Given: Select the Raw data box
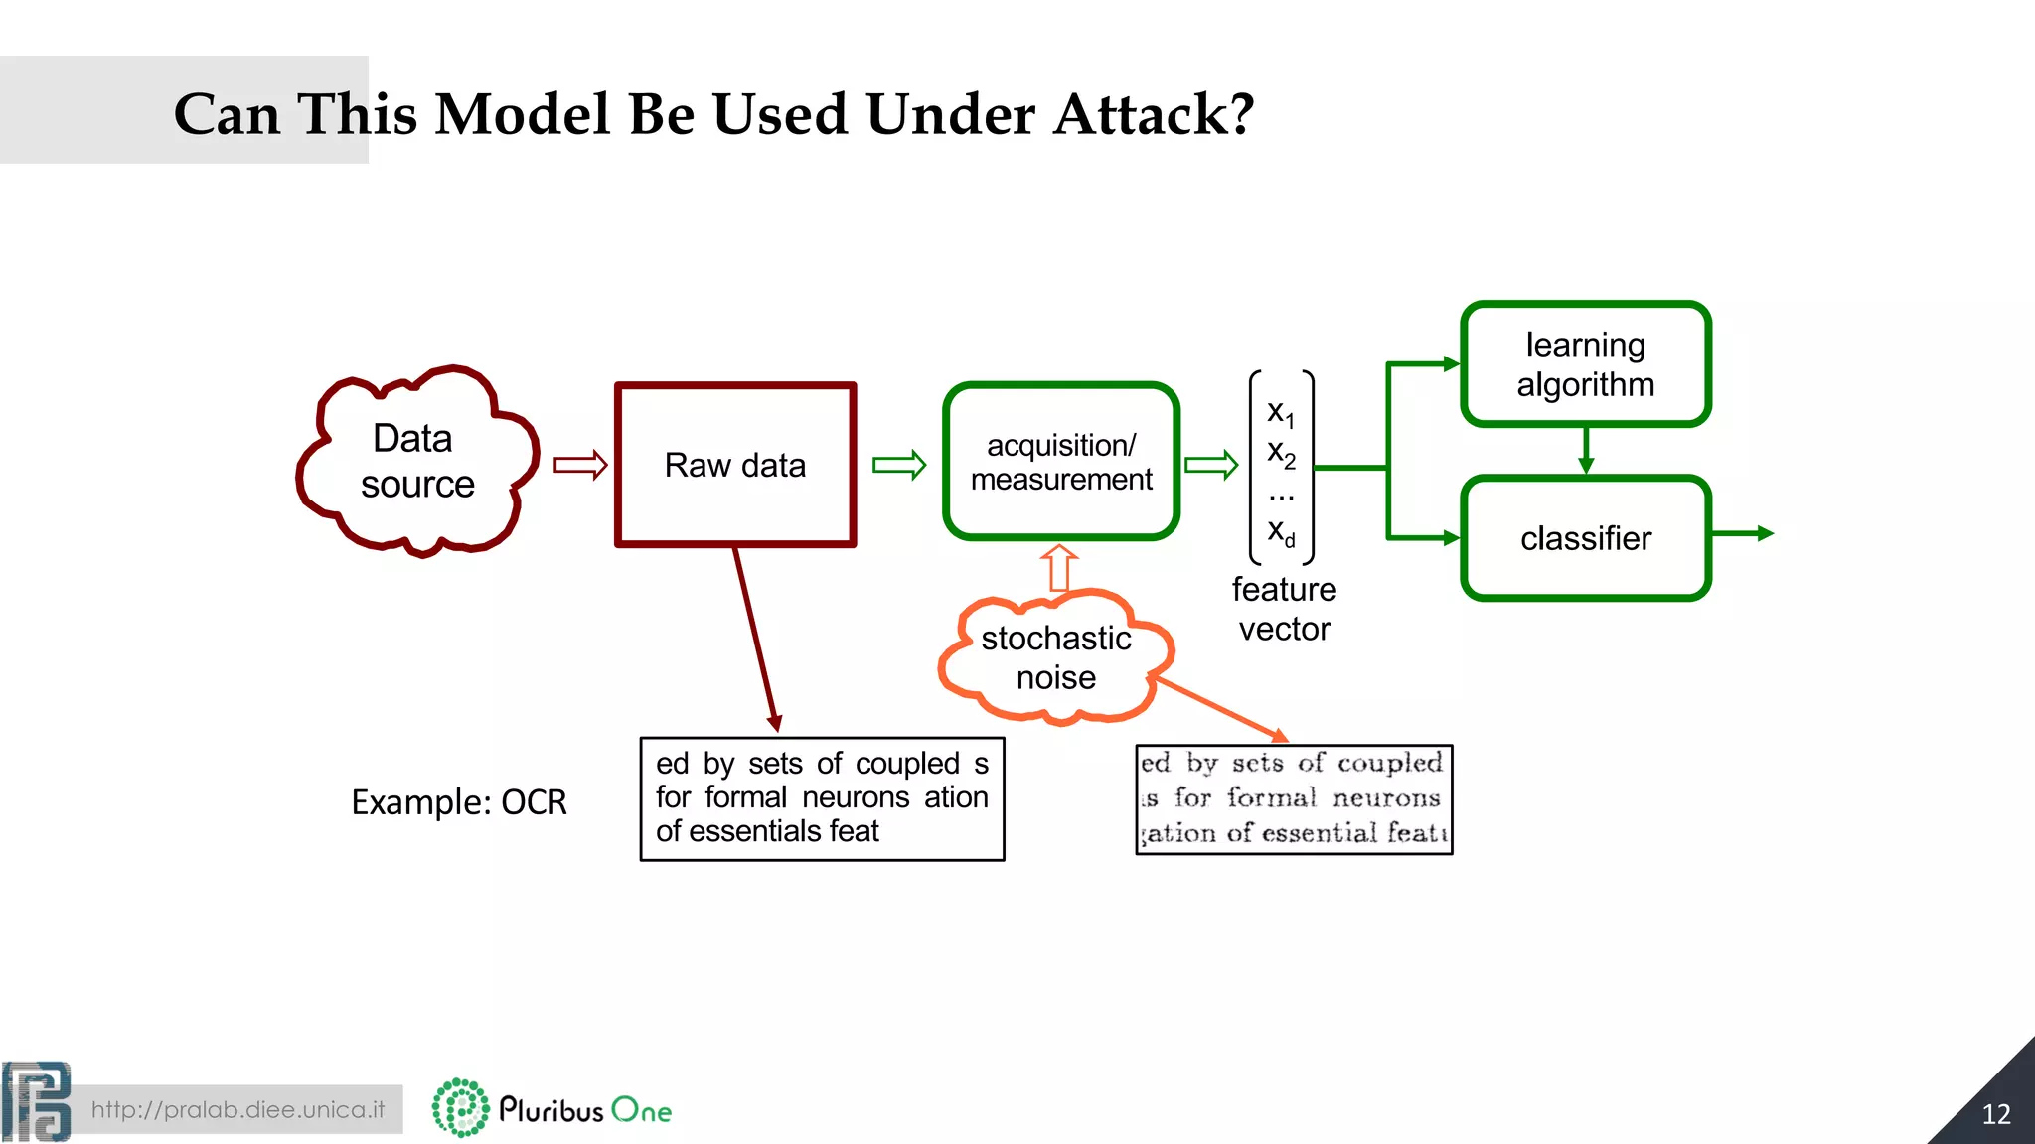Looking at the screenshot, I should pos(734,465).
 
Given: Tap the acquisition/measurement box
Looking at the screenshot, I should pos(1061,463).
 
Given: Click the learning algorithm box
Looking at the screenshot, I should pos(1585,364).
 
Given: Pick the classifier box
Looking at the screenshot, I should pos(1585,538).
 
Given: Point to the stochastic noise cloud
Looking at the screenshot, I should pos(1055,657).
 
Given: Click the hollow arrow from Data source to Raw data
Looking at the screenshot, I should pos(580,465).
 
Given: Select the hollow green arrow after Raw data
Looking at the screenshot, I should pos(899,465).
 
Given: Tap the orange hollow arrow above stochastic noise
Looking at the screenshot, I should pos(1059,568).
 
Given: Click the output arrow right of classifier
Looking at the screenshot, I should pos(1744,534).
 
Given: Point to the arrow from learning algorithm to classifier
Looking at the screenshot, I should pos(1586,451).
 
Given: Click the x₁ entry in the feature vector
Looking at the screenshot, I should pos(1281,412).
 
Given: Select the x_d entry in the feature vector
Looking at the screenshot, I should pos(1281,532).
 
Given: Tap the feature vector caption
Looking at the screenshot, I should pos(1284,609).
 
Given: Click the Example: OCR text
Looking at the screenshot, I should pos(458,802).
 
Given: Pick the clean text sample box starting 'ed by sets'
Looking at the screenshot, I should pos(822,798).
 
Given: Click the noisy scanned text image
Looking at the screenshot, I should pos(1294,799).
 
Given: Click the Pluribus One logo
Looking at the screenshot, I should pos(552,1108).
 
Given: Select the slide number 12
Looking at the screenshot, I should pos(1995,1114).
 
